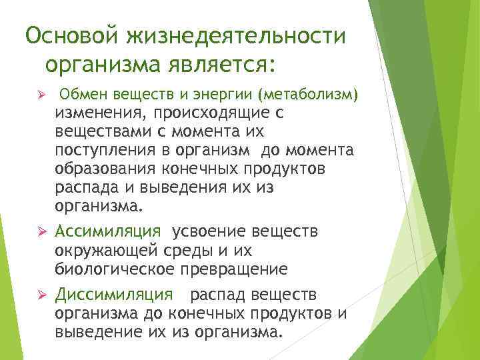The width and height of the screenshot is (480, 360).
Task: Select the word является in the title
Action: [216, 67]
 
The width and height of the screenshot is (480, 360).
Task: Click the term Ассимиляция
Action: [107, 231]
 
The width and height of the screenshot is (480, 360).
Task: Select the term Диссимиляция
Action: [113, 294]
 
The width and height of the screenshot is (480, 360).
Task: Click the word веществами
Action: [97, 132]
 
